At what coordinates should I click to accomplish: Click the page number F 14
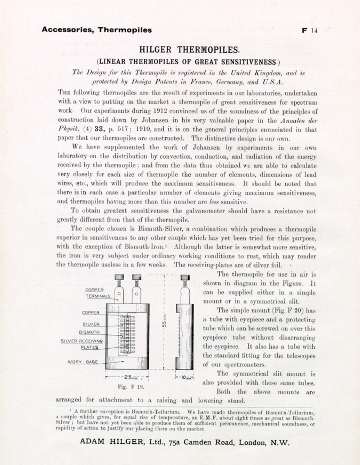point(309,30)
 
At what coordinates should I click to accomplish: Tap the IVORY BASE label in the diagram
point(83,362)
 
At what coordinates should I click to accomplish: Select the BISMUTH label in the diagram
point(89,332)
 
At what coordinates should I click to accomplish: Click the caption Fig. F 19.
point(131,387)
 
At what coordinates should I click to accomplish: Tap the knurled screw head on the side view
point(185,277)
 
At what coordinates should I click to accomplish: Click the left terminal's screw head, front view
point(119,277)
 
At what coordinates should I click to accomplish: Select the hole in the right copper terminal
point(137,294)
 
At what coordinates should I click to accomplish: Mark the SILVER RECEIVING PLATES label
point(82,344)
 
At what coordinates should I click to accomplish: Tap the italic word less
point(214,202)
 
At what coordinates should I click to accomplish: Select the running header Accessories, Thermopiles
point(97,30)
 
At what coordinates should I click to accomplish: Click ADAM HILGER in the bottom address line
point(111,442)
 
